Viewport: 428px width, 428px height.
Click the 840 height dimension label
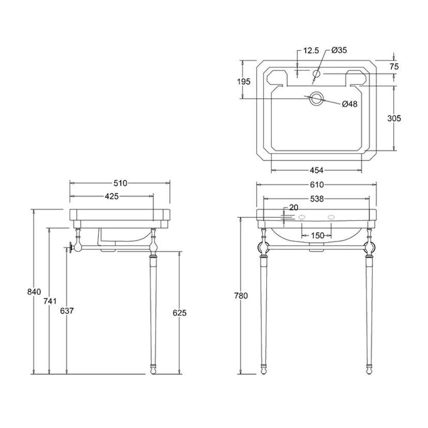[34, 292]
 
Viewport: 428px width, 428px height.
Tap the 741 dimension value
[50, 301]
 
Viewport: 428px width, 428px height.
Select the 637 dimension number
[67, 311]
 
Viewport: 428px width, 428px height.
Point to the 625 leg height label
[179, 313]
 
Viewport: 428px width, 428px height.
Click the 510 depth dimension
[120, 183]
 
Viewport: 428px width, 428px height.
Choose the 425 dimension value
[112, 196]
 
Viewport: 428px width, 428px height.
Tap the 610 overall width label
[317, 185]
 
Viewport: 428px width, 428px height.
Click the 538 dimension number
[317, 199]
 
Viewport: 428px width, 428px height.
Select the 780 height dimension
[241, 296]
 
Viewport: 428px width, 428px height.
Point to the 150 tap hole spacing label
[318, 235]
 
